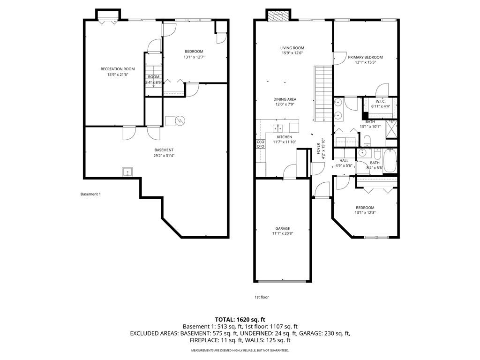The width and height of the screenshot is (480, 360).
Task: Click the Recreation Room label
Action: click(118, 69)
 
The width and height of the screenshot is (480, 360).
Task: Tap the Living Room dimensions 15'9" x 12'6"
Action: click(292, 53)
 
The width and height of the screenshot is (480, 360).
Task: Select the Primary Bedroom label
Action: click(365, 57)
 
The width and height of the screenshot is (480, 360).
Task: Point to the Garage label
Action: click(283, 228)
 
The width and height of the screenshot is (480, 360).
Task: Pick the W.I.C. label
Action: click(381, 101)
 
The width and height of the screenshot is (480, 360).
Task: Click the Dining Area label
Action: click(285, 99)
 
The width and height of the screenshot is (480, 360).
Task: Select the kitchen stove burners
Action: click(261, 144)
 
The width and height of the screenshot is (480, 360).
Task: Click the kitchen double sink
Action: click(278, 127)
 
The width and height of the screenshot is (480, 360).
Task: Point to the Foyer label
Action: click(318, 149)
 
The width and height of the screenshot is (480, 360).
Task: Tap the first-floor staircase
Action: click(323, 93)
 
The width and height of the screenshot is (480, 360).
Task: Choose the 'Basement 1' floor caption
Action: click(90, 194)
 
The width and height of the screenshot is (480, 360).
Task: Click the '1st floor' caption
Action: click(262, 297)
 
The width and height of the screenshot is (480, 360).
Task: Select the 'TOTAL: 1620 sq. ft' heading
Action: click(240, 320)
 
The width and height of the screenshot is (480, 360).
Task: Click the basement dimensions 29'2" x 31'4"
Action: click(164, 156)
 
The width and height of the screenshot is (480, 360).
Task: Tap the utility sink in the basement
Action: click(127, 172)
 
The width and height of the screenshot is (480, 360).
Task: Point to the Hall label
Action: click(344, 161)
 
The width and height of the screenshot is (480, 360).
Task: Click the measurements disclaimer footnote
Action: click(240, 350)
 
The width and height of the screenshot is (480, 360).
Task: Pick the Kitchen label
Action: click(285, 137)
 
